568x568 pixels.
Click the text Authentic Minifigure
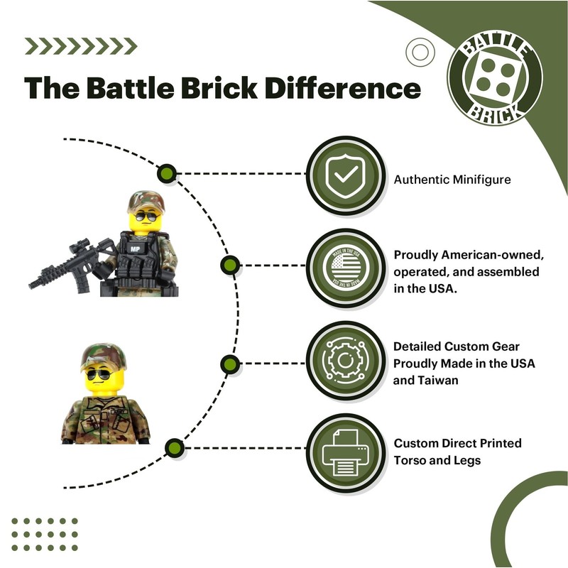tap(452, 180)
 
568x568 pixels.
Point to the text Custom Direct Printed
tap(458, 443)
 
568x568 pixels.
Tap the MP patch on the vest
tap(134, 248)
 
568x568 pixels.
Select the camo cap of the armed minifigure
tap(145, 202)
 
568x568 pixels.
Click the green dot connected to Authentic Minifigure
tap(167, 173)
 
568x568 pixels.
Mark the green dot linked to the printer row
tap(172, 447)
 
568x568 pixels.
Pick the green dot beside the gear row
tap(228, 364)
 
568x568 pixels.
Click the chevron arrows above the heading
tap(80, 46)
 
